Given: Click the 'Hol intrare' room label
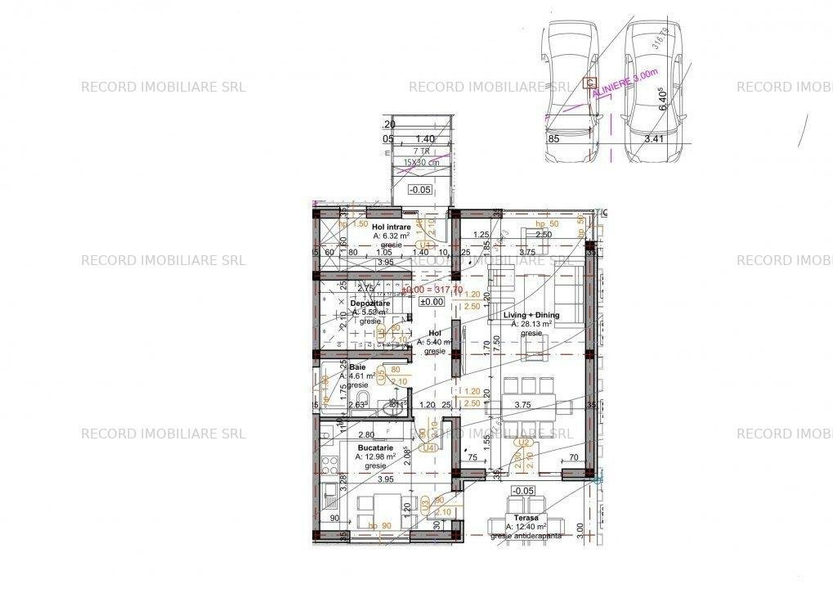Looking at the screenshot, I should (x=390, y=227).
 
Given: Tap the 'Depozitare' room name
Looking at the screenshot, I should (x=369, y=303).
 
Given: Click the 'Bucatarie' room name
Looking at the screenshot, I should (x=375, y=448).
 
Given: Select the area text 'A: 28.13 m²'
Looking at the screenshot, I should (x=532, y=324).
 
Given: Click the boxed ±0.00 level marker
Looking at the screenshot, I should (x=431, y=302).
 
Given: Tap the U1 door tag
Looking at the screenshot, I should (x=424, y=244).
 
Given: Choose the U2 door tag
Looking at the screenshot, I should (x=521, y=443).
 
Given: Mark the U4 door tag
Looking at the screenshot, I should (x=428, y=447).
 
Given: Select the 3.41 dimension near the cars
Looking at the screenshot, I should (x=652, y=140).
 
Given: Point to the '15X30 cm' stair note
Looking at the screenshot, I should (x=421, y=163).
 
